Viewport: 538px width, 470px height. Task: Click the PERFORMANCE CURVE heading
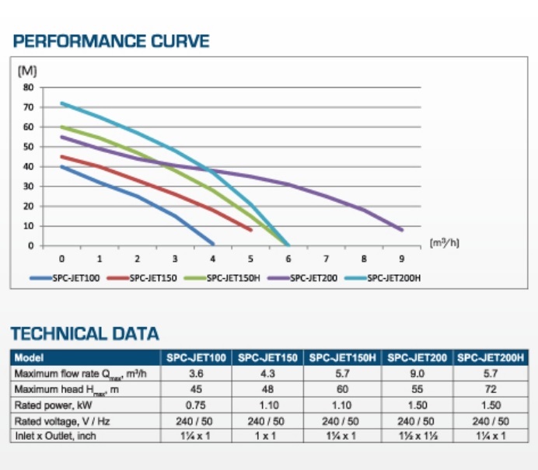click(x=110, y=40)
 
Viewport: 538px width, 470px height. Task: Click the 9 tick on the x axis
click(x=401, y=259)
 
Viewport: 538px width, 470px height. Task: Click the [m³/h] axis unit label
click(x=444, y=242)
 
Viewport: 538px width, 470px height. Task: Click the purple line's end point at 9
click(x=401, y=230)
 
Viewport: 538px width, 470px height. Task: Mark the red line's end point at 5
click(x=250, y=230)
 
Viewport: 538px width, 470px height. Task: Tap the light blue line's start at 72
click(x=61, y=103)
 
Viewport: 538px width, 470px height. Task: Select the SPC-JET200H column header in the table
click(x=491, y=358)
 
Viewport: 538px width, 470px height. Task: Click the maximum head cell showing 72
click(x=491, y=389)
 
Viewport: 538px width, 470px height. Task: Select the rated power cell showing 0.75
click(x=195, y=406)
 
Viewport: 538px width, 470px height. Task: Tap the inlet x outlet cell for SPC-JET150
click(x=268, y=437)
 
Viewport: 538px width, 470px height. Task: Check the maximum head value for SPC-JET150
click(x=268, y=389)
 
